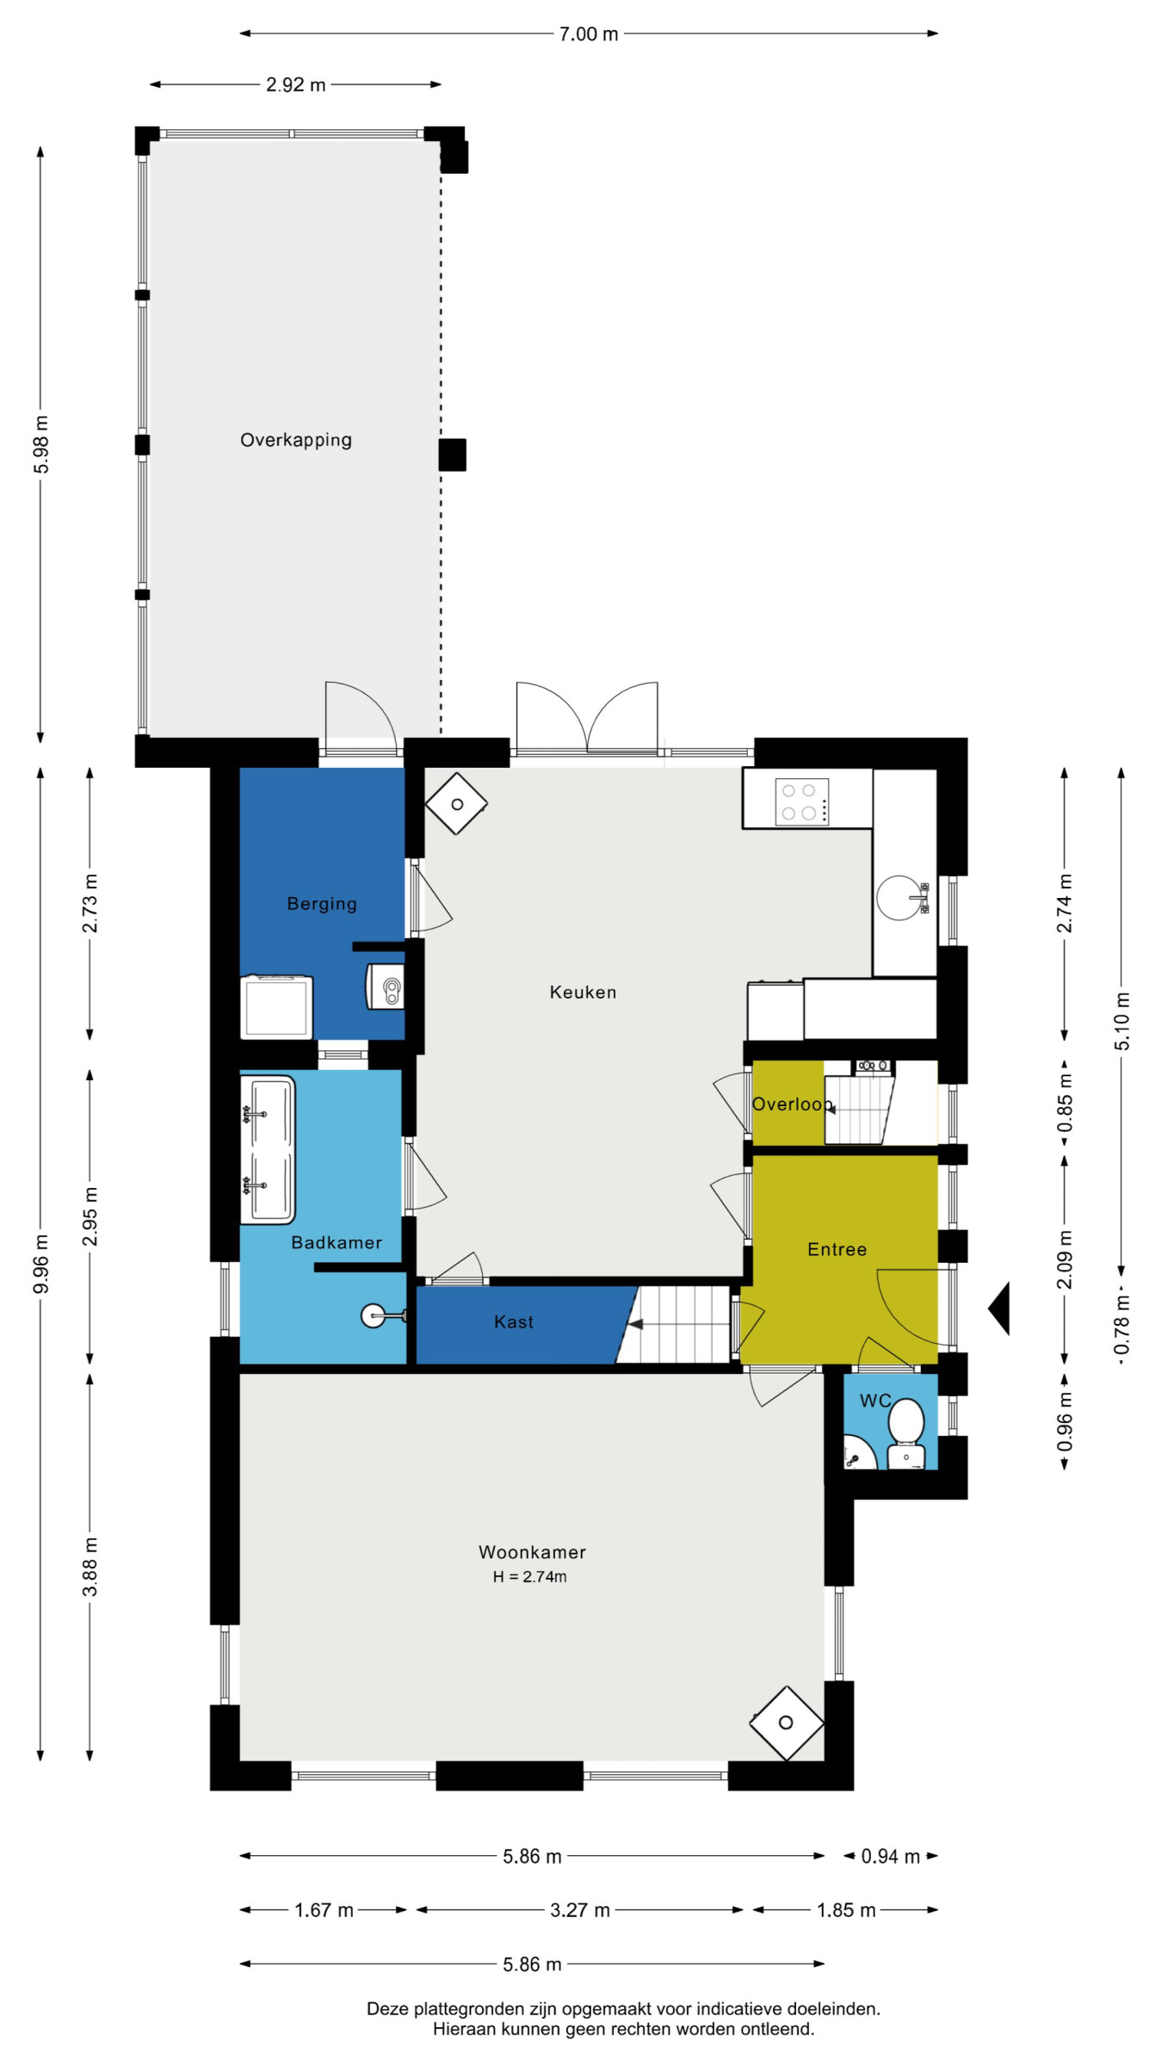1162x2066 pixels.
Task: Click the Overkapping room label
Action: [x=295, y=440]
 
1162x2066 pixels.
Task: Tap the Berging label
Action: [x=321, y=903]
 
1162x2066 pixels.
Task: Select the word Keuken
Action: [x=583, y=992]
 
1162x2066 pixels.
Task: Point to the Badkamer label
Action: [x=336, y=1242]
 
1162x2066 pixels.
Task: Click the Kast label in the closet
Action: [x=513, y=1321]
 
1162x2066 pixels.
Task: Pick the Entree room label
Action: [x=837, y=1249]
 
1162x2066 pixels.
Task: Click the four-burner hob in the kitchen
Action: [x=801, y=801]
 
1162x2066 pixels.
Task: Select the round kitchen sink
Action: [x=899, y=898]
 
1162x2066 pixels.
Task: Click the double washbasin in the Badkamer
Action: [x=268, y=1149]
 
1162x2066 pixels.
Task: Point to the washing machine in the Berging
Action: [x=276, y=1007]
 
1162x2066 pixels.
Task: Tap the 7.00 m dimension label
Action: [x=589, y=34]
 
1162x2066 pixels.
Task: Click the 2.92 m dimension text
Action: [x=295, y=84]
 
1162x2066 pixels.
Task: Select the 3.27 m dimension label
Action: [x=580, y=1910]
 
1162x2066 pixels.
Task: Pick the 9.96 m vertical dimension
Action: [x=40, y=1263]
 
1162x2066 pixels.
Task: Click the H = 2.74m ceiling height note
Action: [x=529, y=1576]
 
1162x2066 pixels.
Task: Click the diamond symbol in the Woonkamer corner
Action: [x=786, y=1723]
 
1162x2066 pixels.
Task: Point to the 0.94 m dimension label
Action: [x=890, y=1856]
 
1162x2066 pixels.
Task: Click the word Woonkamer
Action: [x=532, y=1552]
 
